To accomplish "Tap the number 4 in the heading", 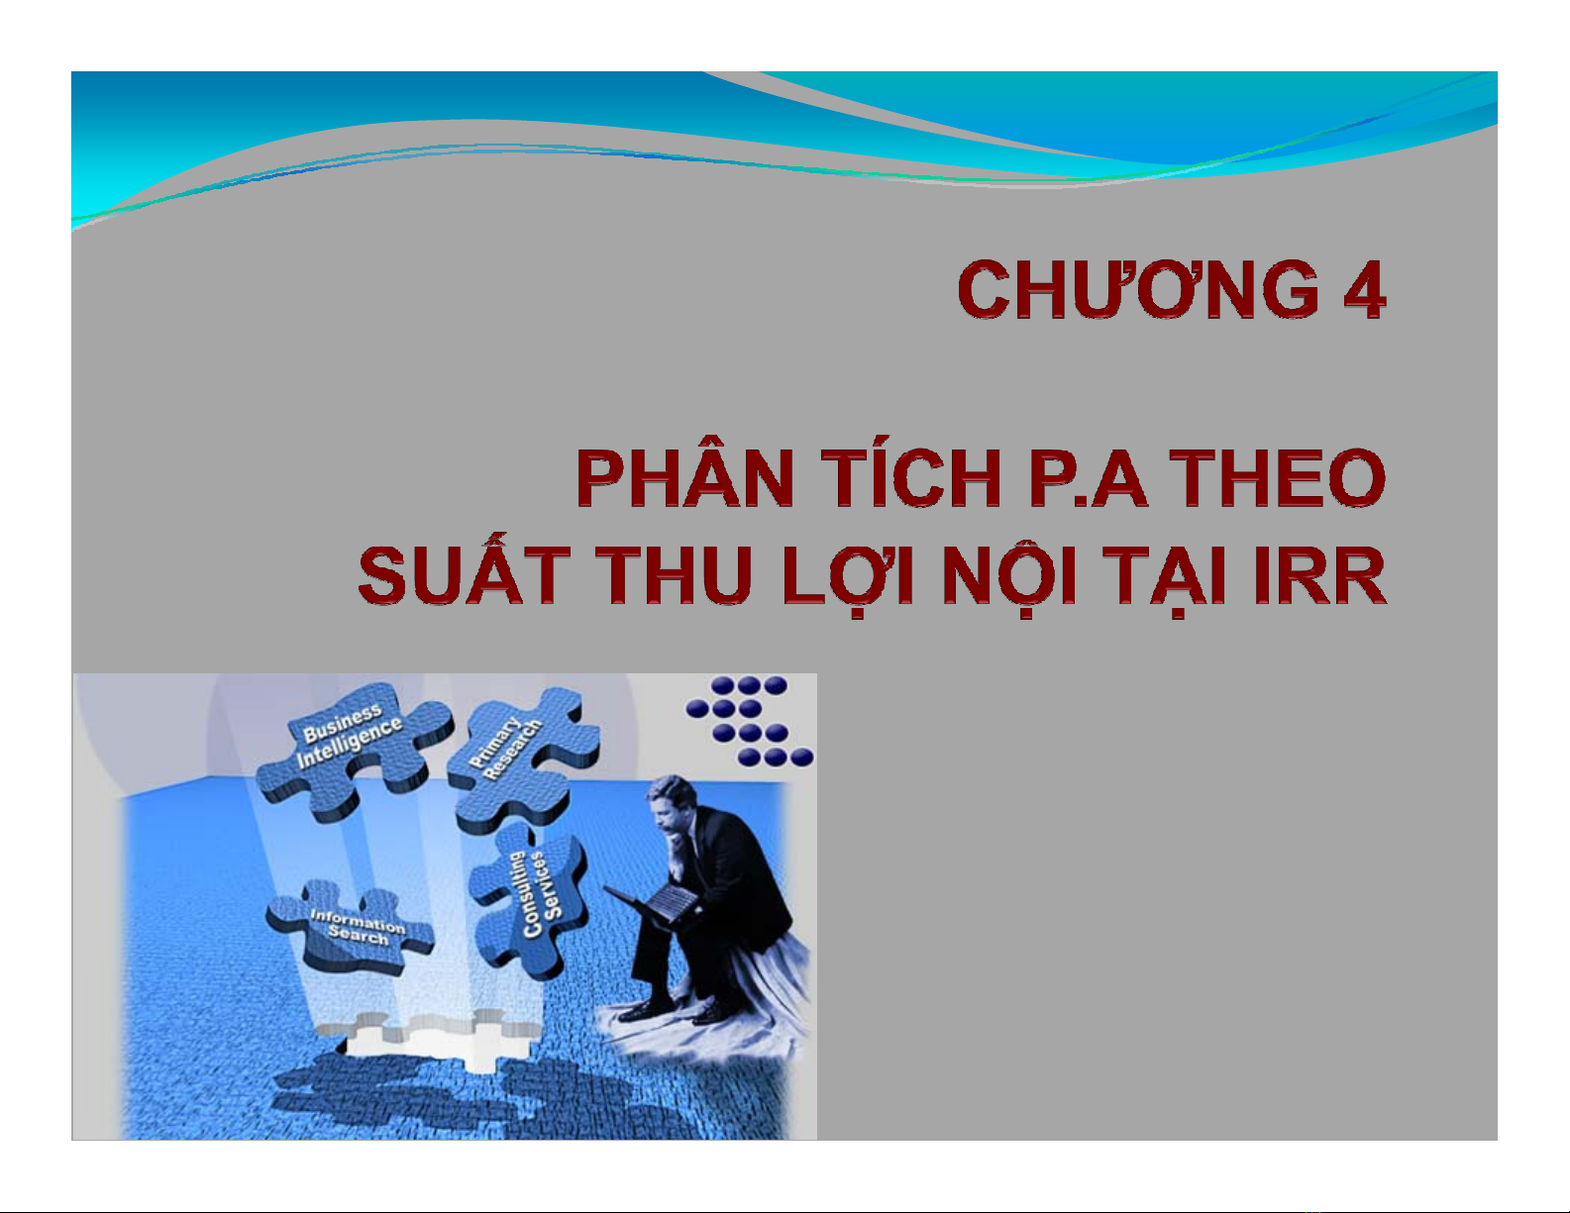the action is [1363, 290].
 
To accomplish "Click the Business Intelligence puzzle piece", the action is [353, 749].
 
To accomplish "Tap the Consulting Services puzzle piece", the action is [531, 900].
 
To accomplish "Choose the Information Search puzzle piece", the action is [351, 928].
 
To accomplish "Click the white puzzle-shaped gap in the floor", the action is [434, 1039].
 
